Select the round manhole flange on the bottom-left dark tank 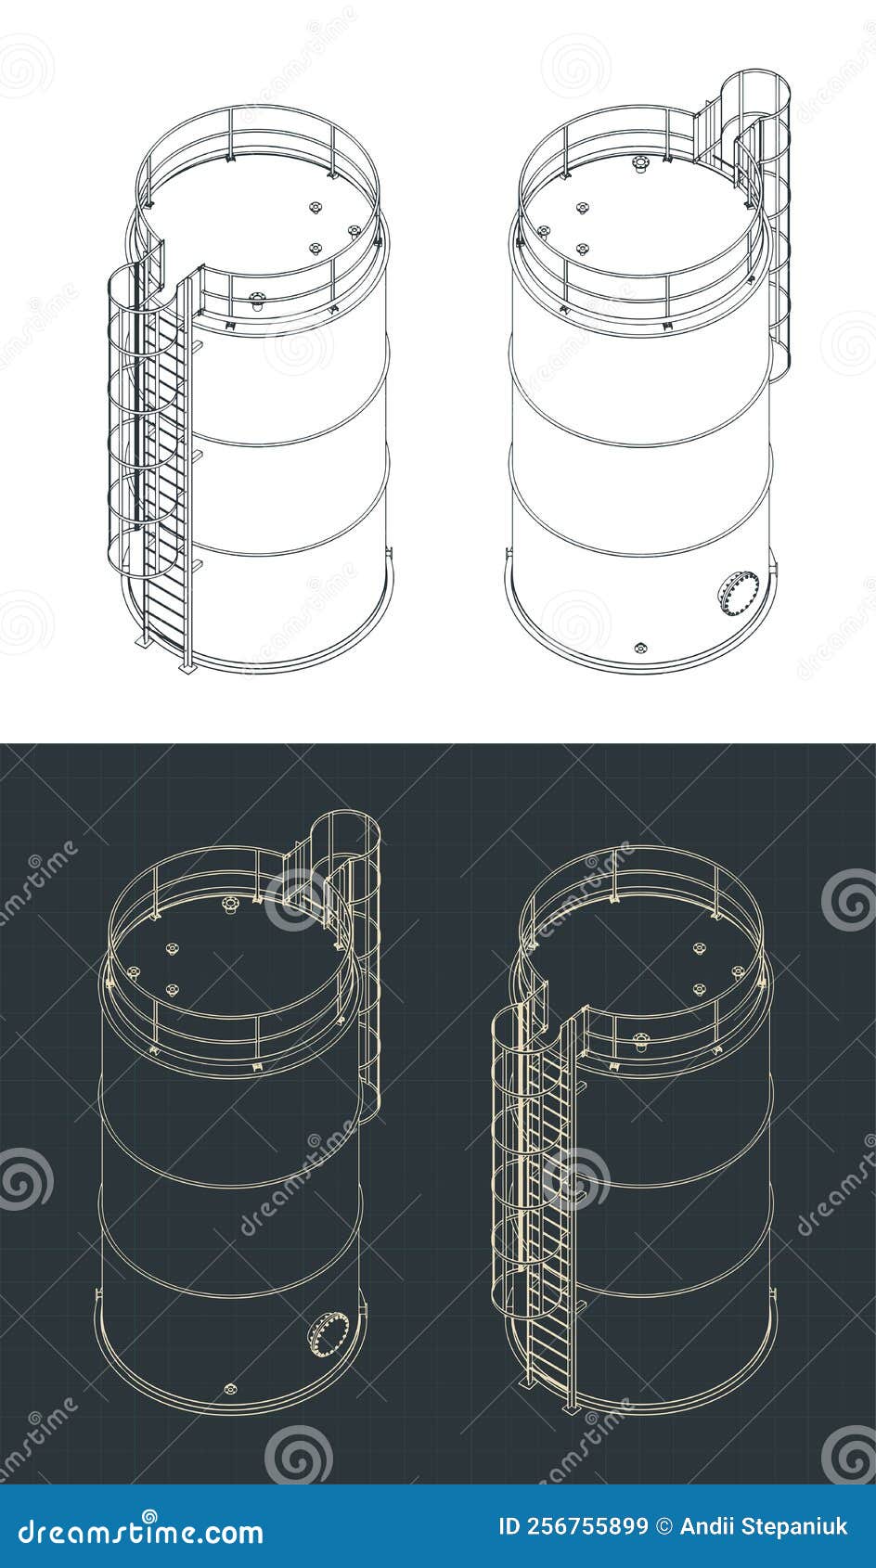329,1334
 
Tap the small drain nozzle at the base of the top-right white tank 638,647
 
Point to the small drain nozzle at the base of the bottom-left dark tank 230,1388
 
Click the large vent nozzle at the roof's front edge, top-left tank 257,299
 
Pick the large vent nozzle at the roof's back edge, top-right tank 638,163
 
